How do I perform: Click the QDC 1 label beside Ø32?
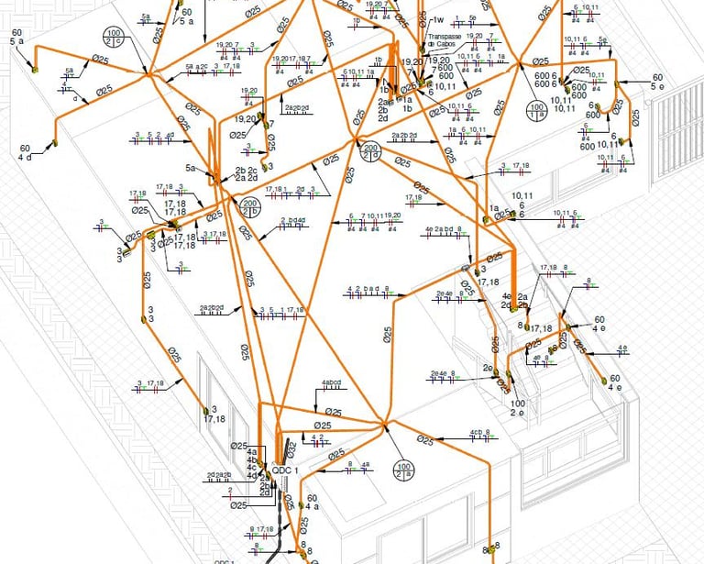point(285,470)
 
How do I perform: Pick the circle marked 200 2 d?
point(371,150)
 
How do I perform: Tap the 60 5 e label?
point(656,82)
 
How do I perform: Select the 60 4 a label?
point(312,501)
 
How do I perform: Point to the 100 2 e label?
point(517,407)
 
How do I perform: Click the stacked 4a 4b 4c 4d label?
point(251,463)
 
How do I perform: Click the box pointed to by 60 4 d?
point(53,142)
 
